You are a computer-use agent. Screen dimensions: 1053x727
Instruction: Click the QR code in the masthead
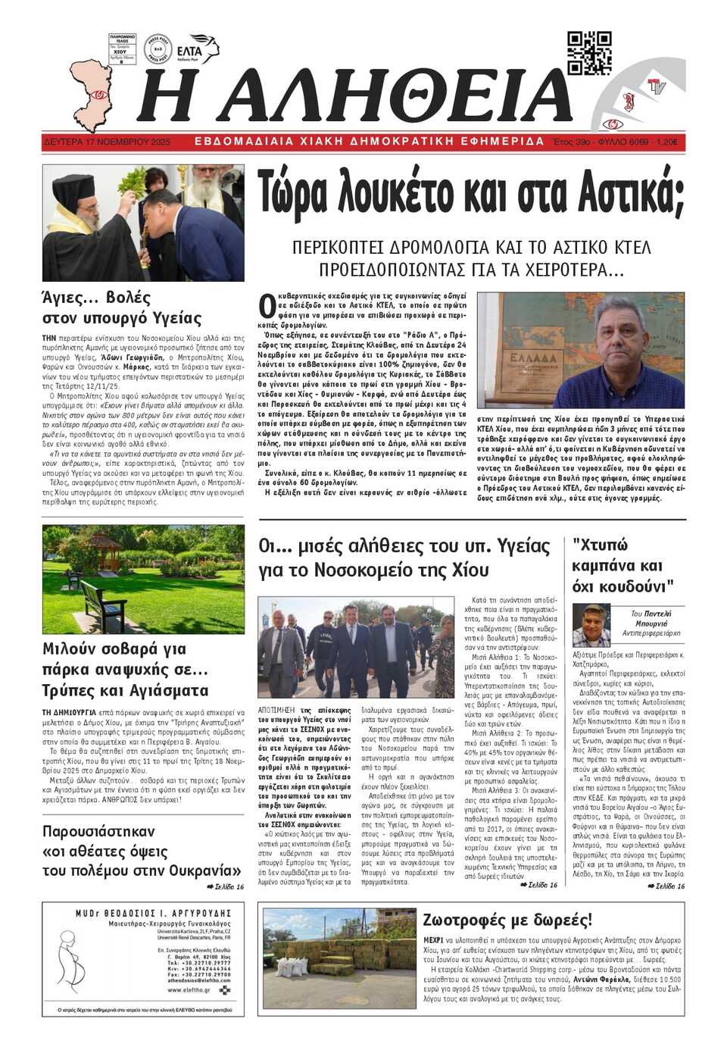click(589, 53)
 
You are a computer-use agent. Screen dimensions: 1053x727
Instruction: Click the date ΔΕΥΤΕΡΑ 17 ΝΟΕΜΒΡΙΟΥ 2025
click(107, 142)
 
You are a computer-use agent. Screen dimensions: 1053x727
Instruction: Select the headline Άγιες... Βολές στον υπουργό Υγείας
click(122, 308)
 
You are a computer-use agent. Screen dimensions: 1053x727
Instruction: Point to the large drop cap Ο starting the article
click(266, 305)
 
